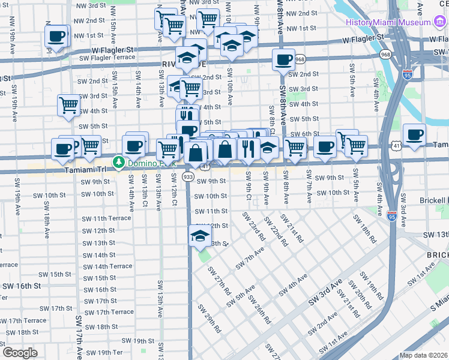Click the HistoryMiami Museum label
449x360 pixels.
[x=387, y=22]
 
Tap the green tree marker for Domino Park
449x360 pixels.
[x=119, y=162]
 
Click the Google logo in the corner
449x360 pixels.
[x=20, y=352]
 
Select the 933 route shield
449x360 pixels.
[x=188, y=177]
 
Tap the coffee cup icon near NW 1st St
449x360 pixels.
[x=56, y=37]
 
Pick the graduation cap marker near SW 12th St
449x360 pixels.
[x=200, y=236]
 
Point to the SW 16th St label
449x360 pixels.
[x=20, y=286]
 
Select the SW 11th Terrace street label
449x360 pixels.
[x=106, y=218]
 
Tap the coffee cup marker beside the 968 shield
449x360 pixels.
[x=283, y=60]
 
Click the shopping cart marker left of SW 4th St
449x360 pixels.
[x=68, y=105]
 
